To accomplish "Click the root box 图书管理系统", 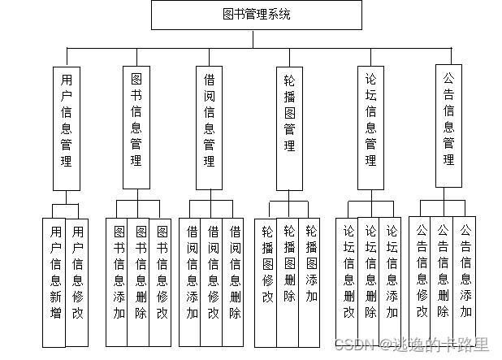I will [256, 15].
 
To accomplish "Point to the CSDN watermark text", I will [422, 345].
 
